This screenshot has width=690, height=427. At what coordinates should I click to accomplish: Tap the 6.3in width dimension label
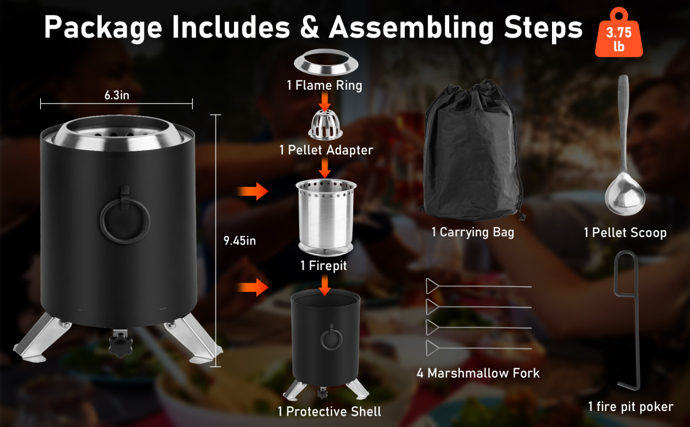tap(117, 96)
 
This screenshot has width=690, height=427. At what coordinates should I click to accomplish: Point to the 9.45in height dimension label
tap(240, 241)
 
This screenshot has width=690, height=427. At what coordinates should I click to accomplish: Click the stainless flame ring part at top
tap(326, 62)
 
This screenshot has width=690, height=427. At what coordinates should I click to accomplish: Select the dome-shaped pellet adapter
tap(325, 124)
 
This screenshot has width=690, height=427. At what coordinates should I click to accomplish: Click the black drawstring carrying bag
tap(471, 151)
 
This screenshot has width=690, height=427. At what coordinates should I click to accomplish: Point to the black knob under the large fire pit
tap(120, 343)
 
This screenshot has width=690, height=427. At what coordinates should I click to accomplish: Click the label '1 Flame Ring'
tap(324, 85)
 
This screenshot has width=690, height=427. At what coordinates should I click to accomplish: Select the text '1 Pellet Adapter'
tap(326, 150)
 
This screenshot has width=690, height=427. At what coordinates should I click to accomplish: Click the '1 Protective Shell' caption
tap(329, 411)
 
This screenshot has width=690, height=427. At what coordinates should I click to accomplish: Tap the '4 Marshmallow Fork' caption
tap(478, 373)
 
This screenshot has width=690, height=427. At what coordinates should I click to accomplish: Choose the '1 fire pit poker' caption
tap(631, 407)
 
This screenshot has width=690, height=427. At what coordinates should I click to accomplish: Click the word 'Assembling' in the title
tap(411, 28)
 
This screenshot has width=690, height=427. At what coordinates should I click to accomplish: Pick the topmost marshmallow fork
tap(478, 287)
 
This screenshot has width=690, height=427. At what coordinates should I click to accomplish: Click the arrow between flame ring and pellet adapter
tap(325, 101)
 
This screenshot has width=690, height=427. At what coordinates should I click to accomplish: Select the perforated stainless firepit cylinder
tap(326, 218)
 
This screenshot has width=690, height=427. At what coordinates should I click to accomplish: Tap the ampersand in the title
tap(309, 27)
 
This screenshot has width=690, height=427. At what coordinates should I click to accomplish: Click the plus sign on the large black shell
tap(80, 310)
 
